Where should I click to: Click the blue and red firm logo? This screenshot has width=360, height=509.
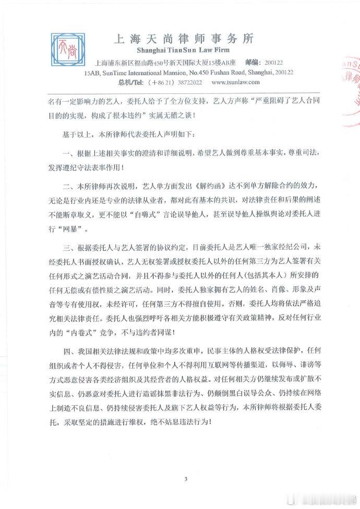click(67, 50)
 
